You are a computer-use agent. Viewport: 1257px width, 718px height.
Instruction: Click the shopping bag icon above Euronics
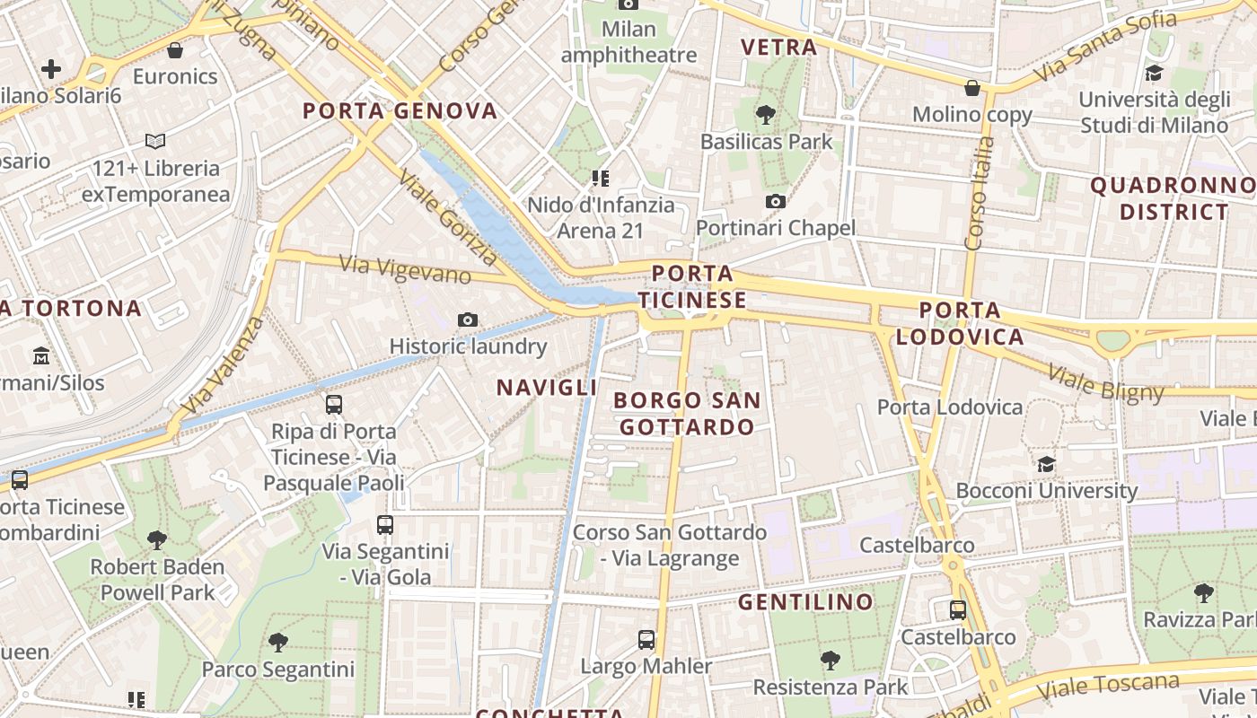pos(175,50)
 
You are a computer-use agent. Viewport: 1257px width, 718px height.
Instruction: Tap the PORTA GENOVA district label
pos(400,111)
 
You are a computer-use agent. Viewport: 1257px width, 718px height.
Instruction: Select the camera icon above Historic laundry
pos(467,320)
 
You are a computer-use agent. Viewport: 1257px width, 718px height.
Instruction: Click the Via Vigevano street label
pos(405,268)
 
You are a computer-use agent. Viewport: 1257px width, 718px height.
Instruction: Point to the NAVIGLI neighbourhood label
pos(547,388)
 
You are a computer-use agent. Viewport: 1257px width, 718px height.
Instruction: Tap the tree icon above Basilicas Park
pos(766,115)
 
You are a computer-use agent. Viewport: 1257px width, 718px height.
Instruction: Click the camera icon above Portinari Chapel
pos(776,201)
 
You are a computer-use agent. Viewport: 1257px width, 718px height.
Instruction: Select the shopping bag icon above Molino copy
pos(972,88)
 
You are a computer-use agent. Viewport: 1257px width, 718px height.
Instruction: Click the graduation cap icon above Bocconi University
pos(1046,464)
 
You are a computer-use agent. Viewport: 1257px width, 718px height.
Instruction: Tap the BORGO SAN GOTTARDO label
pos(688,413)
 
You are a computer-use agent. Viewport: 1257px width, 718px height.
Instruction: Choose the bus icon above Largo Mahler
pos(646,640)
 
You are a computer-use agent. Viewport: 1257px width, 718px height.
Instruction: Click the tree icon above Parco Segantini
pos(278,643)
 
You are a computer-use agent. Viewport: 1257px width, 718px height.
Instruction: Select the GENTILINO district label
pos(805,601)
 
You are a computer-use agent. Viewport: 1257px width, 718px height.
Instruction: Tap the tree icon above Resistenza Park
pos(831,661)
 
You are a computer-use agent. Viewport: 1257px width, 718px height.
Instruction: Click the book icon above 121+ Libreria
pos(155,141)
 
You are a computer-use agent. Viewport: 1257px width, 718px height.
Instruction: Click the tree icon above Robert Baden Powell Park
pos(157,540)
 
